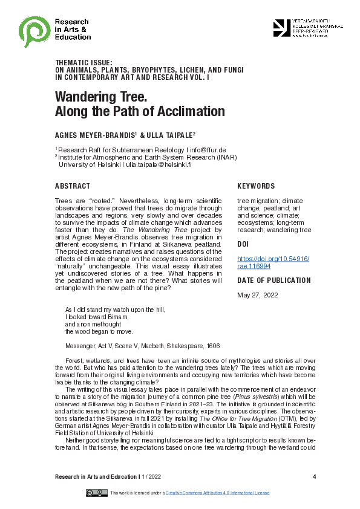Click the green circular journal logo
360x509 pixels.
[x=34, y=28]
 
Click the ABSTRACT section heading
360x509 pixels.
[x=73, y=186]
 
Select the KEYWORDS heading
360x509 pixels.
[x=256, y=186]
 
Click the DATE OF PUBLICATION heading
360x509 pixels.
[x=274, y=280]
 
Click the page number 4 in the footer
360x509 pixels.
[x=315, y=477]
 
